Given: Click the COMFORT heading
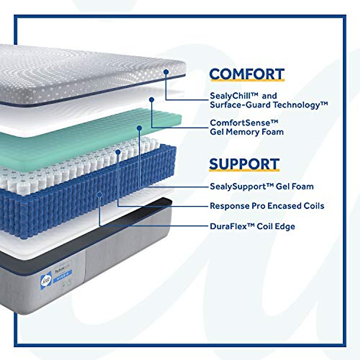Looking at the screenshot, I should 247,74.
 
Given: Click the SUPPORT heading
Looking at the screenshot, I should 244,164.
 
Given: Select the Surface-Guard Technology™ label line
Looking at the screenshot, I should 269,105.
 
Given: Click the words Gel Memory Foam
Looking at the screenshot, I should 247,132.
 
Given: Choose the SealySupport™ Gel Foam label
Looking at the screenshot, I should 262,186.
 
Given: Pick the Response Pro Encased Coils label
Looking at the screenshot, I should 267,206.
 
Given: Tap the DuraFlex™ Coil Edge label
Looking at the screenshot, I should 252,226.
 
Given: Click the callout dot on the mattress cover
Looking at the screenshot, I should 166,72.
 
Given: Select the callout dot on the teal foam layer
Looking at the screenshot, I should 139,128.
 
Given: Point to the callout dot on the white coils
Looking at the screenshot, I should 118,152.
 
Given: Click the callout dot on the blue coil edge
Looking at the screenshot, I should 100,194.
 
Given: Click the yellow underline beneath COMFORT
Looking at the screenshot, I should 247,81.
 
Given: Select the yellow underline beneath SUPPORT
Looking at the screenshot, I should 244,171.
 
